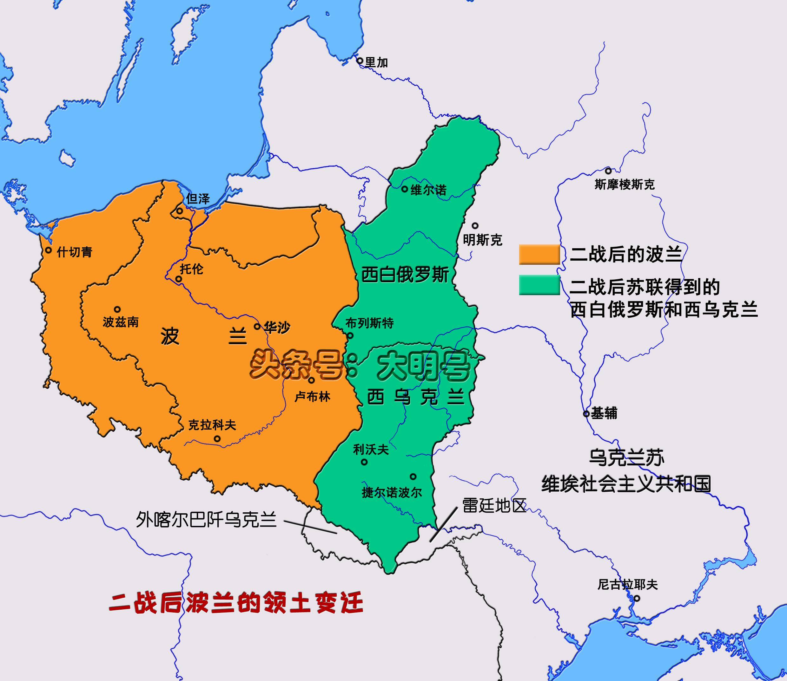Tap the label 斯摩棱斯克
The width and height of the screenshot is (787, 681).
tap(625, 185)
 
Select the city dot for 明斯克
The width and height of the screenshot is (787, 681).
tap(475, 226)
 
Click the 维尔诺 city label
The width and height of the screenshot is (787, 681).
tap(428, 190)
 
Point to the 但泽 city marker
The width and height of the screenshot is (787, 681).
tap(179, 211)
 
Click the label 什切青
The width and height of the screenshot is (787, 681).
tap(75, 252)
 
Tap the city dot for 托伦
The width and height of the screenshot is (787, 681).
tap(178, 279)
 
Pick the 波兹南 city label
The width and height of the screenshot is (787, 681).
tap(121, 322)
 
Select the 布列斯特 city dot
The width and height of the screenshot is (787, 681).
tap(350, 335)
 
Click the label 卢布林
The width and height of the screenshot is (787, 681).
tap(312, 397)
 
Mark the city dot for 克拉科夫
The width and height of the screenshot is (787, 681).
tap(217, 438)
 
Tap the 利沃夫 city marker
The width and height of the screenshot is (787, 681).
tap(364, 462)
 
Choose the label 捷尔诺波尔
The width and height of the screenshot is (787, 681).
tap(392, 493)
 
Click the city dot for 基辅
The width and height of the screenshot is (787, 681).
tap(586, 413)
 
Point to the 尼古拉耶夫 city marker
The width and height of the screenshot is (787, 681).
tap(636, 599)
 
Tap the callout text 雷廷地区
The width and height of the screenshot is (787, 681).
tap(494, 506)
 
